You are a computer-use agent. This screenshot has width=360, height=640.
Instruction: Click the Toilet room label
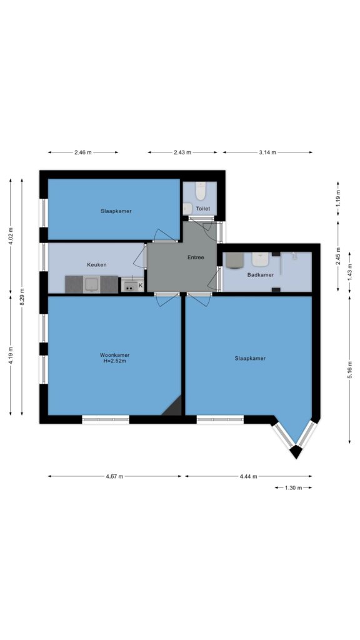pos(203,209)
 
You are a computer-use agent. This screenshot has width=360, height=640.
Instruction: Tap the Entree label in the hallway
pos(196,257)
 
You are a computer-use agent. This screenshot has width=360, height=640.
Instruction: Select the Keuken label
pos(97,265)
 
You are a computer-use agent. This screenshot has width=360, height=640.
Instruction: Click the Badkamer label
pos(261,275)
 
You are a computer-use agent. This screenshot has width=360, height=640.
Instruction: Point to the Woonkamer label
pos(115,355)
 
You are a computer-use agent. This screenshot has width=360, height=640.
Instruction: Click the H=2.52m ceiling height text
pos(115,361)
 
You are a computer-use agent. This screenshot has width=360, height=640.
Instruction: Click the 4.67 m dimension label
pos(114,476)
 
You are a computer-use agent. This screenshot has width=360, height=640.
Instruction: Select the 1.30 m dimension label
pos(293,487)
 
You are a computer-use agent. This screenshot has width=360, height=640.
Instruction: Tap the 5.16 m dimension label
pos(350,370)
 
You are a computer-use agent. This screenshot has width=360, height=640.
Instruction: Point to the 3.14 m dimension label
pos(267,152)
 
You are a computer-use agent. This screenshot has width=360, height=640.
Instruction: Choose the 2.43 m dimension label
pos(182,152)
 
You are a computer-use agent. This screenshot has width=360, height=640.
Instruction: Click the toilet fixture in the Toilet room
pos(200,191)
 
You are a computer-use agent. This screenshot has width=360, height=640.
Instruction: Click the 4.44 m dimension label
pos(249,476)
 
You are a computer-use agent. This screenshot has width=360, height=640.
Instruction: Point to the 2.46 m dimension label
pos(83,152)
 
